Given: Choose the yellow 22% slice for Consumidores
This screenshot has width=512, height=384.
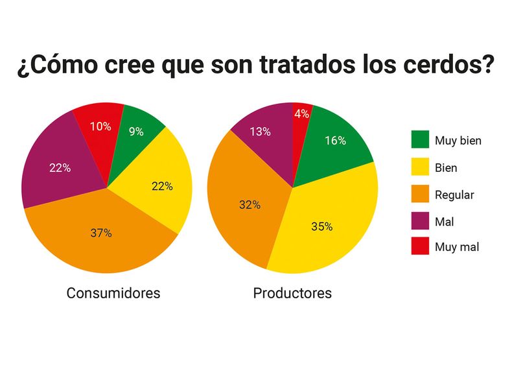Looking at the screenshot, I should point(162,186).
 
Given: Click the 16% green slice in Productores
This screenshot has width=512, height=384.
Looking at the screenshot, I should point(334,140).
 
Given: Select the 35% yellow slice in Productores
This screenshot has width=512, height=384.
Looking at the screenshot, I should point(322,226).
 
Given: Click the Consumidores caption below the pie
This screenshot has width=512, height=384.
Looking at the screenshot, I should point(113,293).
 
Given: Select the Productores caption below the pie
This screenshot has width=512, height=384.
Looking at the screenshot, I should point(292,293).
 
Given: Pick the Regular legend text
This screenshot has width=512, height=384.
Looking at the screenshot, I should point(454,195).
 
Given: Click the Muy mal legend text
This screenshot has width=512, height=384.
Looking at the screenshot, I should point(457,247).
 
